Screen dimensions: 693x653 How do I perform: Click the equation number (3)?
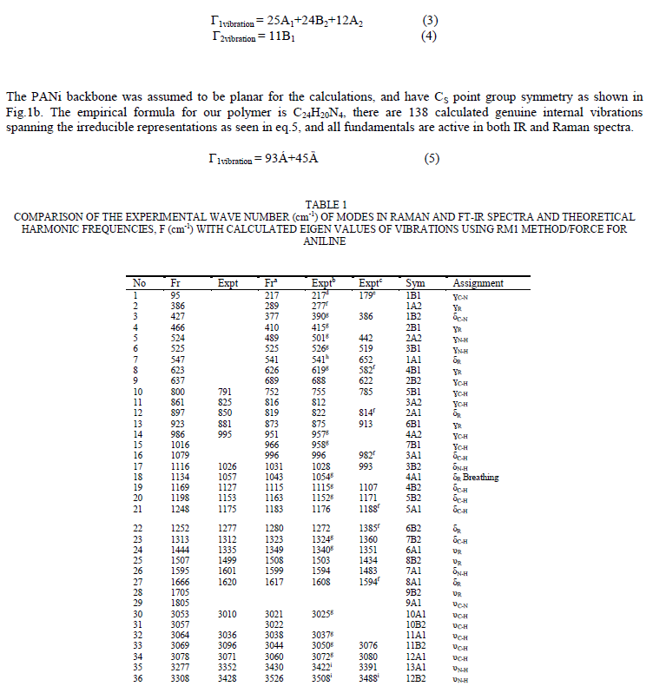429,19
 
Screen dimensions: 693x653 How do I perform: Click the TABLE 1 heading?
326,205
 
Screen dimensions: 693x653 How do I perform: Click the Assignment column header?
478,283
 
